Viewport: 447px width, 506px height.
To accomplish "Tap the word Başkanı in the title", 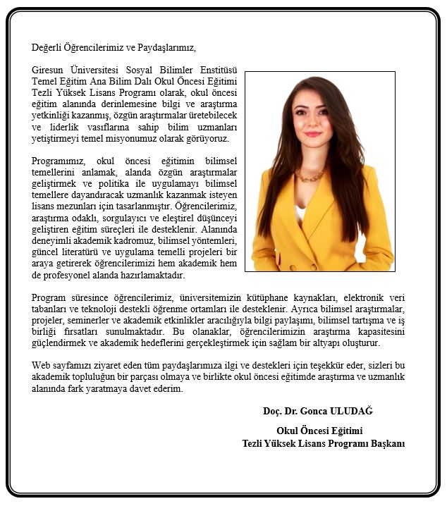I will pyautogui.click(x=385, y=443).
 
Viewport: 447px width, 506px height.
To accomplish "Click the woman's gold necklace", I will pyautogui.click(x=311, y=175).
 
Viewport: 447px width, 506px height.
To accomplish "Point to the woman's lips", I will pyautogui.click(x=312, y=133).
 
